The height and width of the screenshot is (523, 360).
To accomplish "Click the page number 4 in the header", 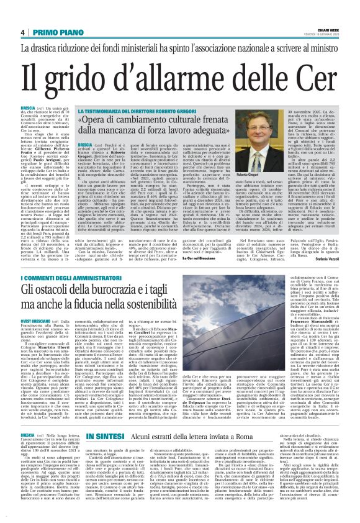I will [x=22, y=33].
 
